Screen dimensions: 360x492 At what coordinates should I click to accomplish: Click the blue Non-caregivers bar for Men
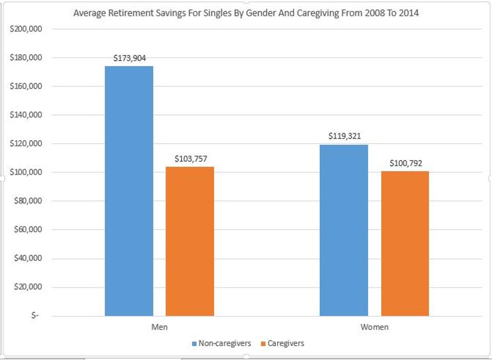(x=129, y=191)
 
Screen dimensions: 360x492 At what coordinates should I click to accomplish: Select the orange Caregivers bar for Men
(x=189, y=241)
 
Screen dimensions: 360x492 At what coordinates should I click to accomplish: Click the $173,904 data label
(x=129, y=58)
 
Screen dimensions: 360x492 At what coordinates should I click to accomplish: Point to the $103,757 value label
(x=190, y=159)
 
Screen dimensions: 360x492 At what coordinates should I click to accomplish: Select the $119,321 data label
(x=345, y=137)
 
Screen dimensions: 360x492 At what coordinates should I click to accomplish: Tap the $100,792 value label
(x=405, y=164)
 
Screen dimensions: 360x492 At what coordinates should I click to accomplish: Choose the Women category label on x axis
(x=374, y=327)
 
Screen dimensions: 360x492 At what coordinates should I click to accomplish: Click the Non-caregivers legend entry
(x=221, y=343)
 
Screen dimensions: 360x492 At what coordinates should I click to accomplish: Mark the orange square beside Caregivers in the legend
(x=263, y=343)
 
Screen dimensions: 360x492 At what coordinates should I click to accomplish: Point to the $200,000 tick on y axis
(x=25, y=29)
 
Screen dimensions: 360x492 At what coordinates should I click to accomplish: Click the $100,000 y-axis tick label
(x=25, y=172)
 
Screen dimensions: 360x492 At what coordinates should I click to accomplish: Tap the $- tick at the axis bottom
(x=34, y=315)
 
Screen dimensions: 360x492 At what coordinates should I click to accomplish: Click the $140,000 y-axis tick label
(x=25, y=115)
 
